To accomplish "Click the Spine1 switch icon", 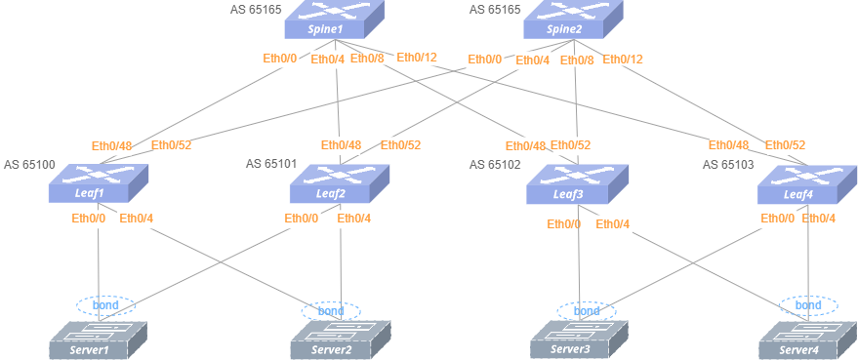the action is (x=335, y=20).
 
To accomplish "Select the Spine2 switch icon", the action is (x=573, y=20).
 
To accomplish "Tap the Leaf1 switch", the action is (x=99, y=183).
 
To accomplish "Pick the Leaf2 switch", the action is (x=340, y=183).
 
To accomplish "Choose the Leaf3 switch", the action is (x=577, y=183).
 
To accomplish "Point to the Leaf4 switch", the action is (x=807, y=183).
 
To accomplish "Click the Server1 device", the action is (x=99, y=340).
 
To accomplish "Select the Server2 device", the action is (x=341, y=340).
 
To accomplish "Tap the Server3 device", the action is (x=579, y=340).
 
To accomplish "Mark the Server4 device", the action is (x=807, y=340).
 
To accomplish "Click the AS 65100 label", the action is (x=29, y=165).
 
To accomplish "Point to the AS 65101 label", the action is (x=271, y=163).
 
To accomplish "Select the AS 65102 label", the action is (x=495, y=165).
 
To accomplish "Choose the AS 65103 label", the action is (x=728, y=164).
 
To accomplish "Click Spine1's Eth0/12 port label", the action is (x=417, y=57).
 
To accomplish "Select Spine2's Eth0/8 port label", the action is (x=577, y=60).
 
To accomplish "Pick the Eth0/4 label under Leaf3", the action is (x=612, y=223).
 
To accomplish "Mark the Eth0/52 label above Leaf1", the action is (x=171, y=145).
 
